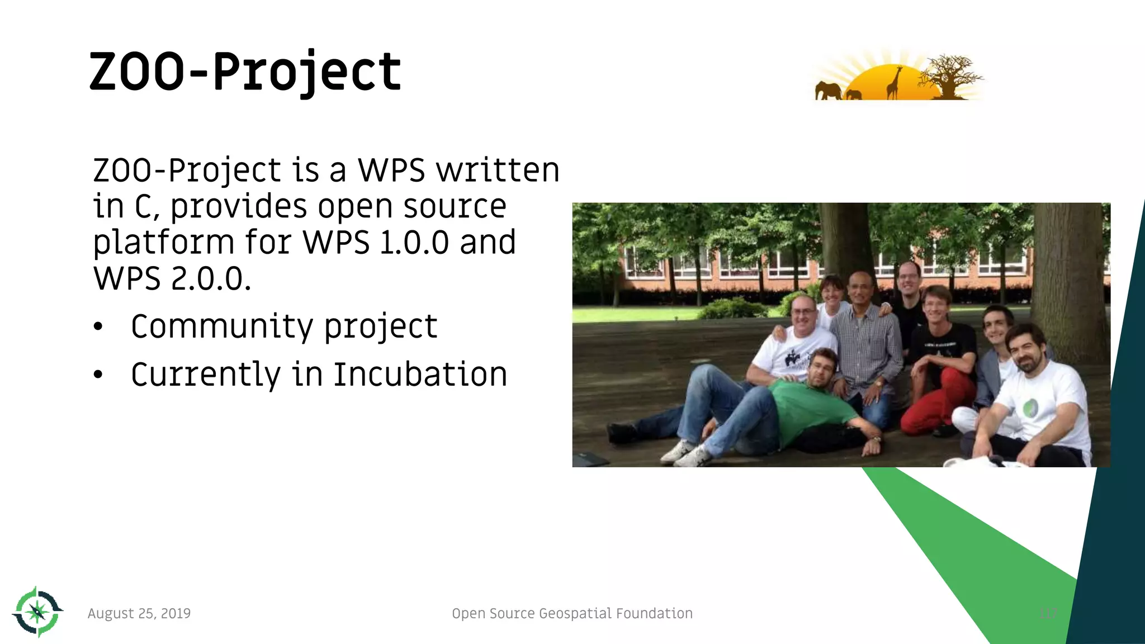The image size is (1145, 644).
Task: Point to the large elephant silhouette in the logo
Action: click(828, 91)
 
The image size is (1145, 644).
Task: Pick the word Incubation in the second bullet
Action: click(420, 375)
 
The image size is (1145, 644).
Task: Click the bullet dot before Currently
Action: click(98, 375)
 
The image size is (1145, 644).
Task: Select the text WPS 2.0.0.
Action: click(172, 278)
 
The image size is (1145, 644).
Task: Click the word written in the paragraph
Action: click(498, 170)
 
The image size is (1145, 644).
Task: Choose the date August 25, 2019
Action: click(139, 613)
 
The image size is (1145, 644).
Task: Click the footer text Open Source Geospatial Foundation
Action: click(572, 613)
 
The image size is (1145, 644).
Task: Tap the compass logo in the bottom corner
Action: click(37, 612)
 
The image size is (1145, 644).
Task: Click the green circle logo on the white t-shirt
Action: click(1030, 409)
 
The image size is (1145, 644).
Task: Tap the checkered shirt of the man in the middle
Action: click(867, 347)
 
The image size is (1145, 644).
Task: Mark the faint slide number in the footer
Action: click(1048, 613)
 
